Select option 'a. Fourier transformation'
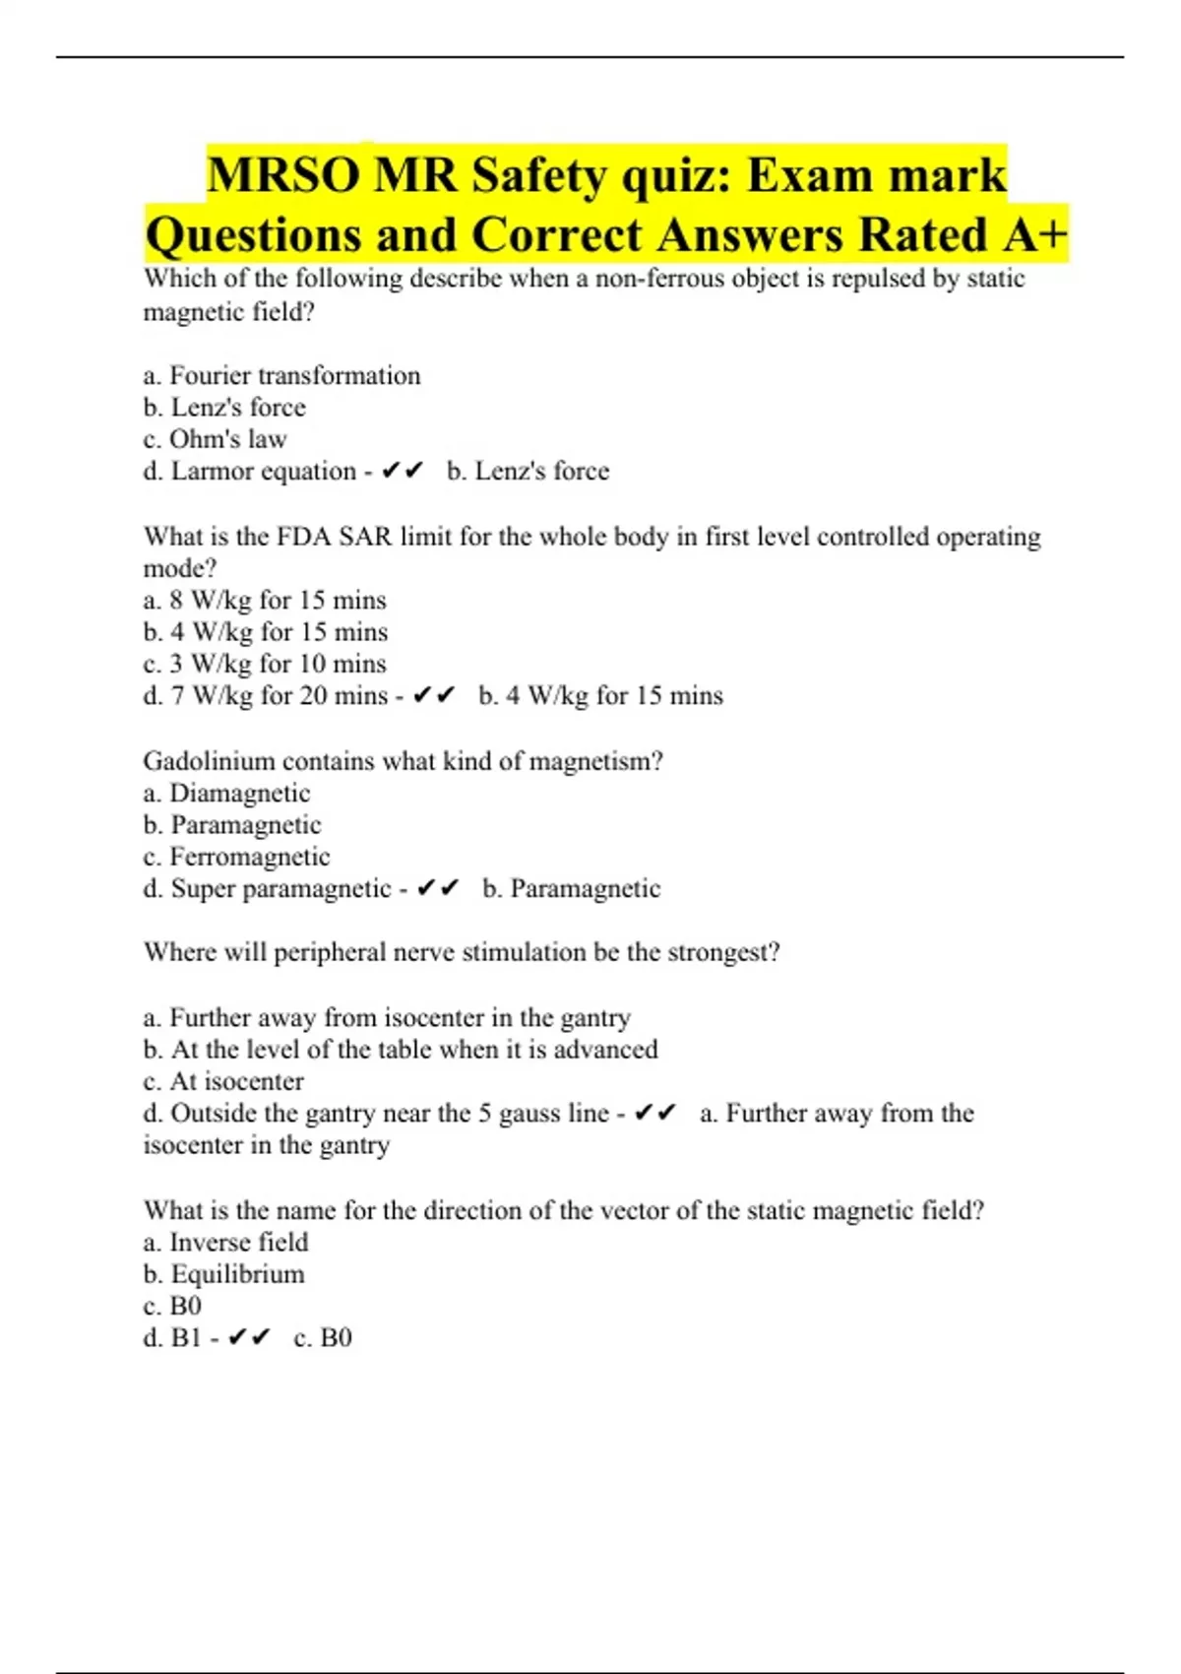pyautogui.click(x=281, y=375)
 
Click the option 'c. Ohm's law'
pyautogui.click(x=215, y=439)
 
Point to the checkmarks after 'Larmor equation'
pyautogui.click(x=402, y=472)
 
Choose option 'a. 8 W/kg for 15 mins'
pyautogui.click(x=264, y=601)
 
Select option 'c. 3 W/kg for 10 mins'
pyautogui.click(x=264, y=664)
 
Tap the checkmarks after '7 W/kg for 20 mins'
pyautogui.click(x=434, y=696)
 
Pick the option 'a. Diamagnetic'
pyautogui.click(x=226, y=794)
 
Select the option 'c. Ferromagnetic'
pyautogui.click(x=236, y=857)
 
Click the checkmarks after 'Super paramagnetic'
pyautogui.click(x=438, y=889)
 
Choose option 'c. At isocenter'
pyautogui.click(x=223, y=1081)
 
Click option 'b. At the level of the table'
pyautogui.click(x=400, y=1050)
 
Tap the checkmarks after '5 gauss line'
pyautogui.click(x=655, y=1114)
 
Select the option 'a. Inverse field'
pyautogui.click(x=225, y=1243)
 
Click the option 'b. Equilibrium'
pyautogui.click(x=223, y=1274)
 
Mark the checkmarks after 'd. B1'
pyautogui.click(x=248, y=1338)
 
